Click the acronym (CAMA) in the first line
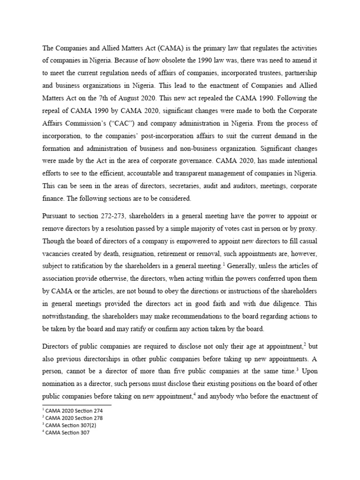pyautogui.click(x=172, y=48)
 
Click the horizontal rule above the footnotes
pyautogui.click(x=77, y=405)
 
